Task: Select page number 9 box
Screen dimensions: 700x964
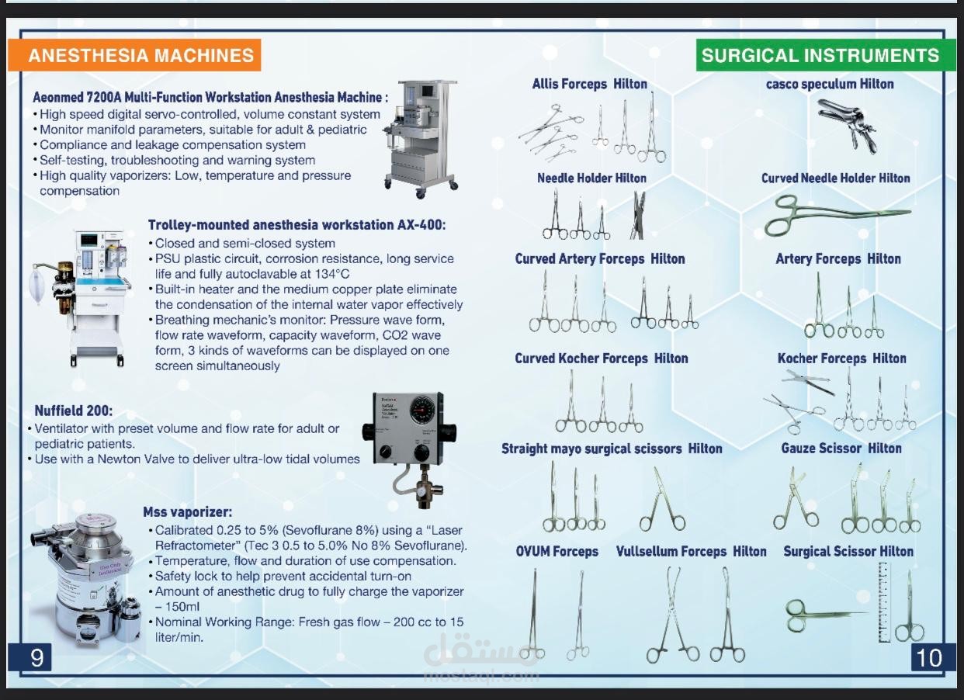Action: (36, 657)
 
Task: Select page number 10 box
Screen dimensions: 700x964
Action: (928, 657)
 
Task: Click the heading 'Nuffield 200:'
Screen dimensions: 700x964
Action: (74, 411)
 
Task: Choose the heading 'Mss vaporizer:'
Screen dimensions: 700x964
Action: (187, 512)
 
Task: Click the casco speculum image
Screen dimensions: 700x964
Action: (848, 123)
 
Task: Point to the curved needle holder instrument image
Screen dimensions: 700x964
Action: (834, 214)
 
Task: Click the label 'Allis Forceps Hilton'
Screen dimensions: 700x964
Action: (589, 84)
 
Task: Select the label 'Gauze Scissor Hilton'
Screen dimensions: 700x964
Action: (841, 448)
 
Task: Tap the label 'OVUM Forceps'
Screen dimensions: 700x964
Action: (557, 551)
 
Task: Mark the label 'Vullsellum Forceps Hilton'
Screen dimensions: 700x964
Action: (691, 551)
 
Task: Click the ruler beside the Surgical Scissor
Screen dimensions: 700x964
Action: (883, 602)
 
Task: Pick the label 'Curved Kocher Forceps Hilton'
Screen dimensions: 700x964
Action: (601, 358)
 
